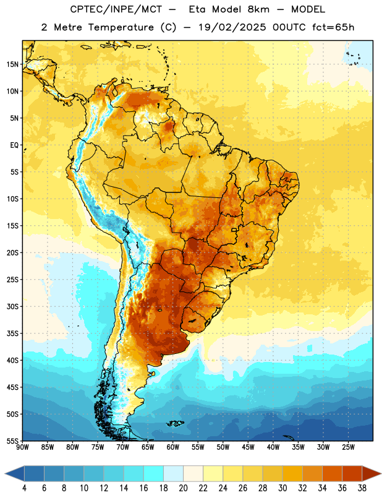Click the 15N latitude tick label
click(x=12, y=64)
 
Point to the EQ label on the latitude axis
click(x=14, y=145)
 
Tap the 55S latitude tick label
click(x=12, y=441)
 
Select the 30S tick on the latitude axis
click(x=12, y=306)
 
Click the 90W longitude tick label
click(x=22, y=447)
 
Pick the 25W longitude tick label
click(x=348, y=447)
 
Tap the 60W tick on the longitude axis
click(x=173, y=447)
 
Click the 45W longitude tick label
click(x=248, y=447)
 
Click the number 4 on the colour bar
click(x=24, y=488)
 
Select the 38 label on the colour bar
click(x=362, y=488)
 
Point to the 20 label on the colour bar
click(x=183, y=488)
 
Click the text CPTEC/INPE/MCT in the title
click(x=116, y=9)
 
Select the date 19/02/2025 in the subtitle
click(x=232, y=27)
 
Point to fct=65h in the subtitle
click(x=333, y=27)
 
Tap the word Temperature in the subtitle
click(x=121, y=27)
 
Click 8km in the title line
click(x=258, y=9)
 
